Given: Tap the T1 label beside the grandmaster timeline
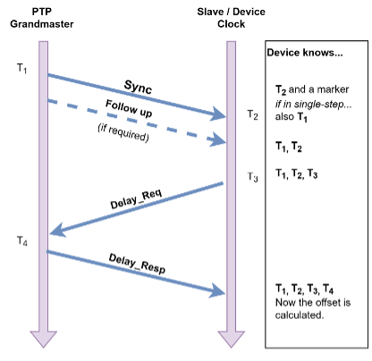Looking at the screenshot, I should point(22,69).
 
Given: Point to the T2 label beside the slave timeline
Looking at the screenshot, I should point(253,115).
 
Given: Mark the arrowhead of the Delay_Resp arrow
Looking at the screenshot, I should point(217,291).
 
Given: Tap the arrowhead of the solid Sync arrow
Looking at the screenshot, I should point(217,114).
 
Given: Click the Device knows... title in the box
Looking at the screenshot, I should point(303,53).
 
